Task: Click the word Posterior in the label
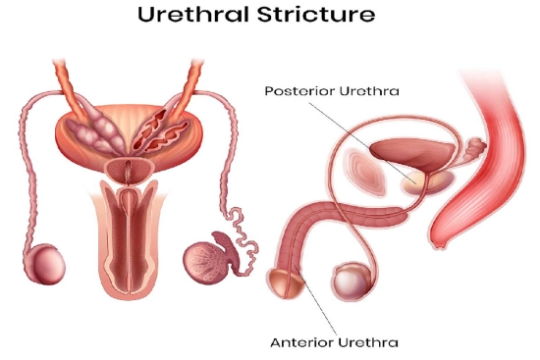pyautogui.click(x=298, y=91)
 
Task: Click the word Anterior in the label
pyautogui.click(x=297, y=342)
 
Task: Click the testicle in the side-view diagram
pyautogui.click(x=350, y=282)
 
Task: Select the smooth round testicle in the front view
pyautogui.click(x=44, y=265)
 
